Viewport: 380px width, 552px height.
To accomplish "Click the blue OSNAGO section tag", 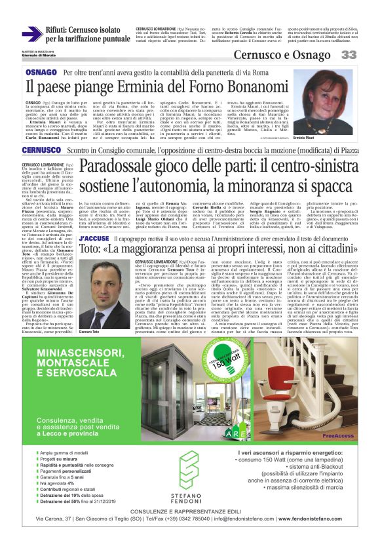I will tap(41, 71).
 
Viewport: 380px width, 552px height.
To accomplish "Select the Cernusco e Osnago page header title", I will tap(283, 54).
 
